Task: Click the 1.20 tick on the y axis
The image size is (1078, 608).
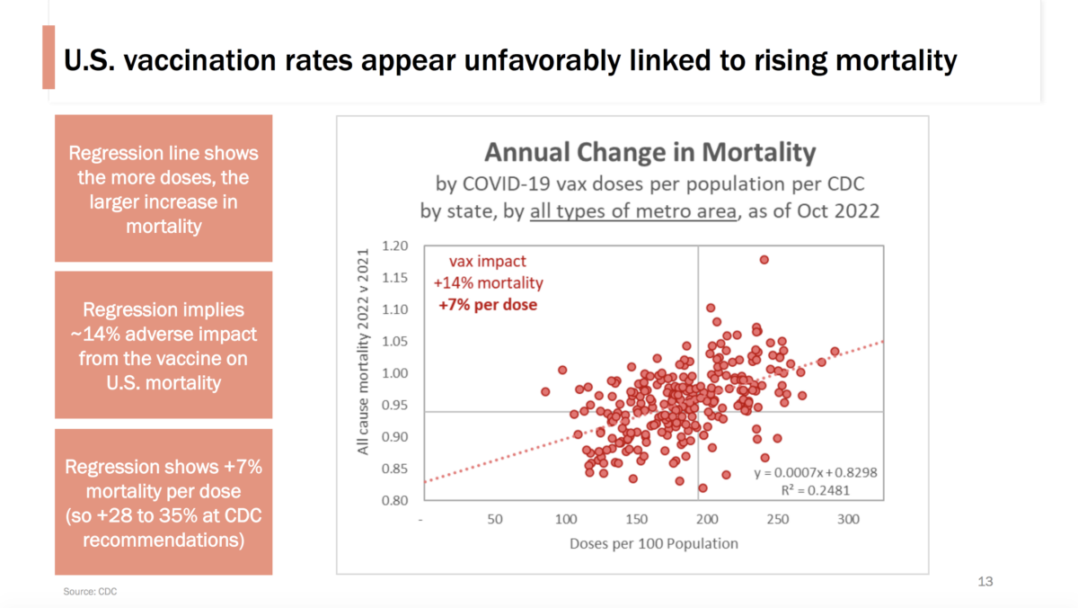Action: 394,246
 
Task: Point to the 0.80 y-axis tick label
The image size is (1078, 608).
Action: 394,501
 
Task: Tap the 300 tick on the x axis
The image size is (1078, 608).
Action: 848,519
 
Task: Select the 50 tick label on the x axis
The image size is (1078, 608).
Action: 495,519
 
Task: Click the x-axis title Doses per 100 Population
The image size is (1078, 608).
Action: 654,543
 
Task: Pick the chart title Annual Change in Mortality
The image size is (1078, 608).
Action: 649,152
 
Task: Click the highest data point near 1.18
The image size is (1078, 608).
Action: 764,260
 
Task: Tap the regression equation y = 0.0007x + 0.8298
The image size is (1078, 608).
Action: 816,472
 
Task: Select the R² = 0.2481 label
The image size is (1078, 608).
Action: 816,490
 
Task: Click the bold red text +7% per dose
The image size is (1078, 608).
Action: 488,305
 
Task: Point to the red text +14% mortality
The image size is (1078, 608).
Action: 488,282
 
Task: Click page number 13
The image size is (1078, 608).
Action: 985,582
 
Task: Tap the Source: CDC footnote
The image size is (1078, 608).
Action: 90,592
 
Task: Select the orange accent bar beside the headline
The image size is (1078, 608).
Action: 49,57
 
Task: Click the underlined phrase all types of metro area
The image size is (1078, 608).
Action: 633,211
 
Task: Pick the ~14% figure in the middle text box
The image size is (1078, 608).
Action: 95,335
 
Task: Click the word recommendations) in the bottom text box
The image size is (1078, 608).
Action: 163,540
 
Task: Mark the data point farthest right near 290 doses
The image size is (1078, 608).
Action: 835,352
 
